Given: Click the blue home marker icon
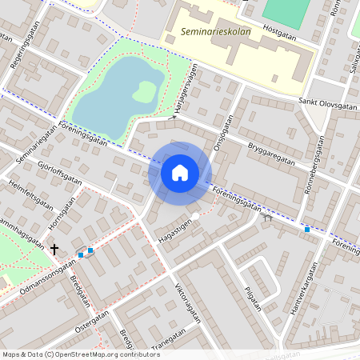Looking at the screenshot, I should [x=180, y=172].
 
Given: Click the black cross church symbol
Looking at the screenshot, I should [x=54, y=250].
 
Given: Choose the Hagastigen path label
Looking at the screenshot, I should [x=177, y=230].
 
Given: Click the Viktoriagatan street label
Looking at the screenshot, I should [x=186, y=302].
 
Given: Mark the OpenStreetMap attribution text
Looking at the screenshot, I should [x=81, y=354].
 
